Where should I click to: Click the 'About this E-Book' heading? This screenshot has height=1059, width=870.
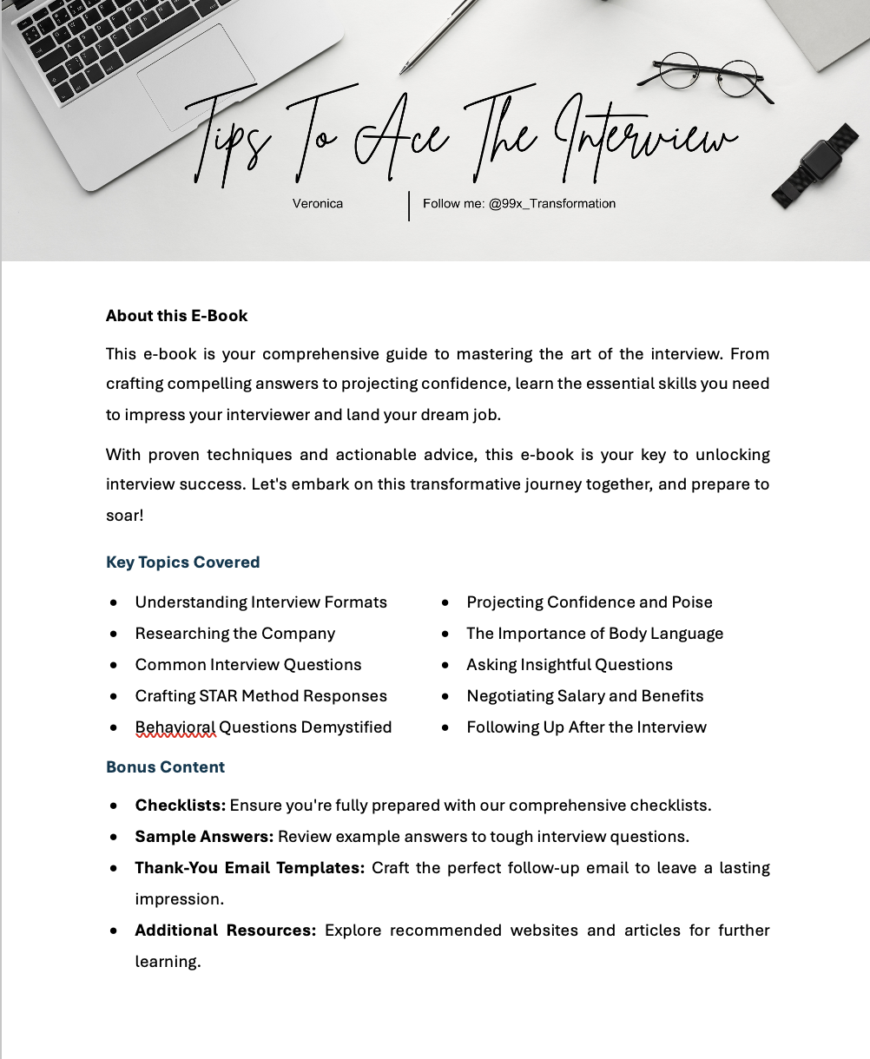point(176,316)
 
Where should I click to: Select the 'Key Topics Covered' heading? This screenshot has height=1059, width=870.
point(182,562)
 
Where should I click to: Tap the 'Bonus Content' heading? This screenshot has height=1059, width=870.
point(165,767)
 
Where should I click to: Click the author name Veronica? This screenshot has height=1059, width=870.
point(317,204)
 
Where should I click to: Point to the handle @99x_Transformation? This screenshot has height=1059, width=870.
point(552,204)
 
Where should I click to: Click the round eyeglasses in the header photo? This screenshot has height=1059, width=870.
point(708,75)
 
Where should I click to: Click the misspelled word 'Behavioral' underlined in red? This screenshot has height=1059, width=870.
point(175,727)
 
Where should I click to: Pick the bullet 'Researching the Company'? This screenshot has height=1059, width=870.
point(234,634)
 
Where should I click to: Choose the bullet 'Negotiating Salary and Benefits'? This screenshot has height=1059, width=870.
point(584,696)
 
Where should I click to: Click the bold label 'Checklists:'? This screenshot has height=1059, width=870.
point(180,806)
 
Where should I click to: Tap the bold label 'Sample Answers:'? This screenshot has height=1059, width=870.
point(204,837)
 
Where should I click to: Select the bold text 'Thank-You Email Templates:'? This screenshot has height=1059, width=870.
point(249,868)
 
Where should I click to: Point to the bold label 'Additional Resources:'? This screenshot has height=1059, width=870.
point(225,931)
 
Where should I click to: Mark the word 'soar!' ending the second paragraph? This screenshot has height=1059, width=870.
point(124,516)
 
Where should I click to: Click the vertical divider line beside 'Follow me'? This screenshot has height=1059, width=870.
point(409,206)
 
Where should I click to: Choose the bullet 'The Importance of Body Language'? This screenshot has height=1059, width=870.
point(594,634)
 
